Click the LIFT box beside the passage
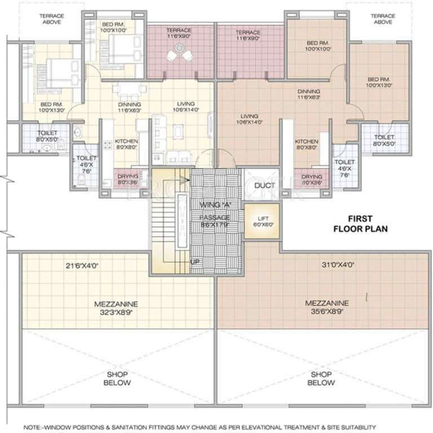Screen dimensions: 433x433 [262, 222]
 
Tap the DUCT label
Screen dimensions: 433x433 [264, 185]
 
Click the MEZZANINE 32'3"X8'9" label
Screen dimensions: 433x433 [116, 307]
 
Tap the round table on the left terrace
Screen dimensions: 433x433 [180, 54]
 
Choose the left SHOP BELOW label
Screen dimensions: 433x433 [117, 378]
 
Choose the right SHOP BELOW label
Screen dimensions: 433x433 [321, 378]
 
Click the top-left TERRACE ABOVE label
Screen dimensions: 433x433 [51, 19]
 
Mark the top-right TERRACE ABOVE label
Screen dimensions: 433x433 [383, 19]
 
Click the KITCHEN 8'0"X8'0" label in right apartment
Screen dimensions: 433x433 [306, 145]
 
